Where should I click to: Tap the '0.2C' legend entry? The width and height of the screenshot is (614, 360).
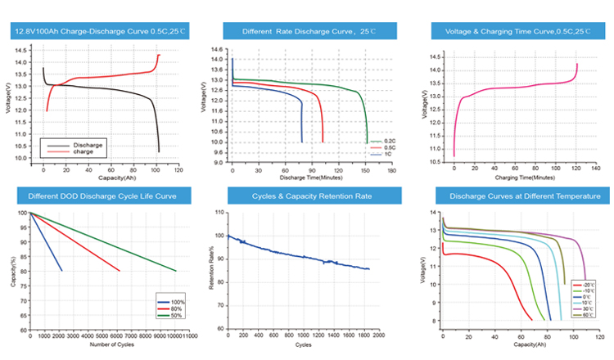(x=377, y=141)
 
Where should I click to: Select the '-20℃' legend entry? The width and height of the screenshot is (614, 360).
(x=589, y=282)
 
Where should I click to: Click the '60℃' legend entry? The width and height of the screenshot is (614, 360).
(x=589, y=315)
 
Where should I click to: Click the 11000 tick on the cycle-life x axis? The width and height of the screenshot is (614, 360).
(x=189, y=335)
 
